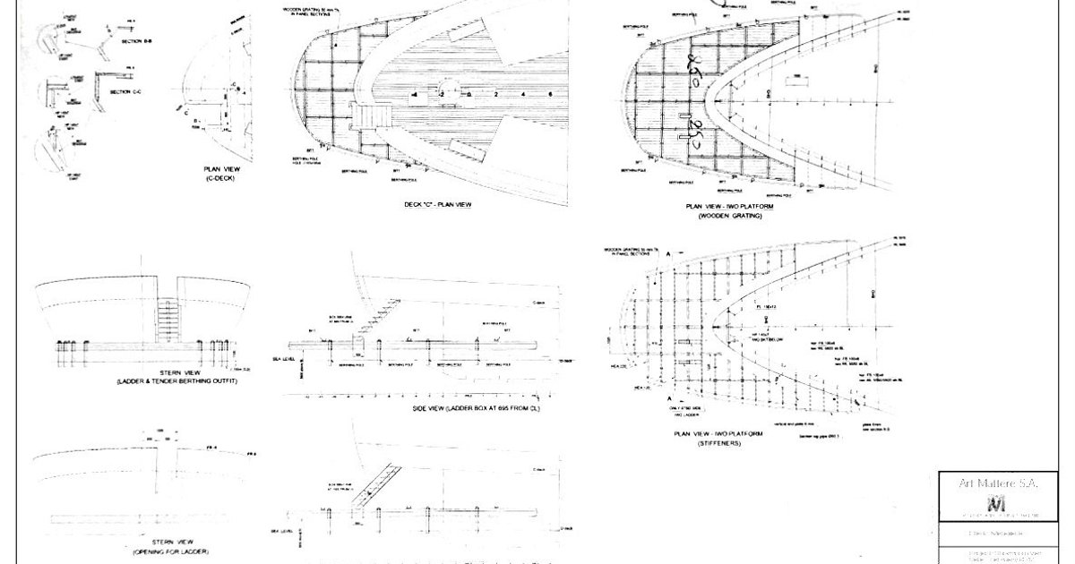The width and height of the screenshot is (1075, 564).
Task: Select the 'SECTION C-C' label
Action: click(x=127, y=92)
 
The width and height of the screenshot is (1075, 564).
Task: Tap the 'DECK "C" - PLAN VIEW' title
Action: click(x=438, y=204)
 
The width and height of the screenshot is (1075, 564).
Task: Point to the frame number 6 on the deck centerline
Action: click(x=548, y=93)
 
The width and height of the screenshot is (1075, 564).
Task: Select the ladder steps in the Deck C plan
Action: click(x=368, y=115)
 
